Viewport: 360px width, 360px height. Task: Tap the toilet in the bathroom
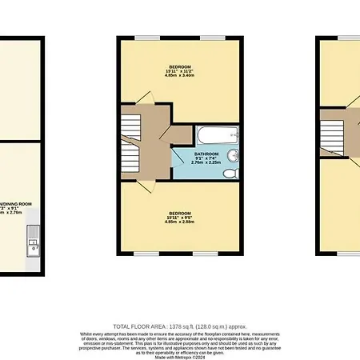[230, 172]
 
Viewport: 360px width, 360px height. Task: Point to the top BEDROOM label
[179, 66]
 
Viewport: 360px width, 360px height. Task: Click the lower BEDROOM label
[179, 213]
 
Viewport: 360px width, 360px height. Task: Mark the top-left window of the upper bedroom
[144, 38]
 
